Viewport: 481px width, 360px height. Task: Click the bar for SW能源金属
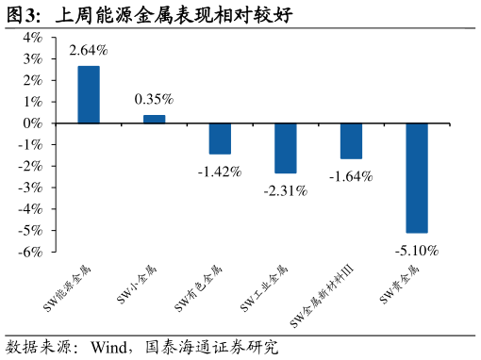[x=89, y=94]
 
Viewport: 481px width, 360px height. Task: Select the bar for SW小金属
[x=155, y=120]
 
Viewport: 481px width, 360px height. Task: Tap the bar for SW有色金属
[x=220, y=139]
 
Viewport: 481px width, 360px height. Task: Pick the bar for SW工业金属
[x=286, y=148]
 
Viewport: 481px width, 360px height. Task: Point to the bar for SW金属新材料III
[x=351, y=141]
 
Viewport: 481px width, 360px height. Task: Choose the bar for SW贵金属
[x=417, y=178]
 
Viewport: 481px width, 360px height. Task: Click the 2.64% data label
[x=89, y=50]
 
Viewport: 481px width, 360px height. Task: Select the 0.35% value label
[x=154, y=99]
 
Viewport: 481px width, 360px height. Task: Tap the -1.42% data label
[x=220, y=172]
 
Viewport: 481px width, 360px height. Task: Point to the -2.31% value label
[x=286, y=190]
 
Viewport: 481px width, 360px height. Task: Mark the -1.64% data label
[x=351, y=176]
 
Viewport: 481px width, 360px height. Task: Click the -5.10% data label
[x=417, y=251]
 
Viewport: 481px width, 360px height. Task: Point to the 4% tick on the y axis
[x=32, y=38]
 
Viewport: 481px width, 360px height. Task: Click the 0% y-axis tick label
[x=32, y=123]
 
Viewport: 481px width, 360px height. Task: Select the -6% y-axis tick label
[x=30, y=252]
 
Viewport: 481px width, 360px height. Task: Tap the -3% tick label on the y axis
[x=30, y=188]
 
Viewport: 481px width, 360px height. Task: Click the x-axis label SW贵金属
[x=399, y=286]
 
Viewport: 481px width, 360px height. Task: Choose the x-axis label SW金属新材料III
[x=322, y=296]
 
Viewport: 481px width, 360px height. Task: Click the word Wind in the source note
[x=108, y=348]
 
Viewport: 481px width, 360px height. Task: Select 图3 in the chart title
[x=21, y=15]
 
